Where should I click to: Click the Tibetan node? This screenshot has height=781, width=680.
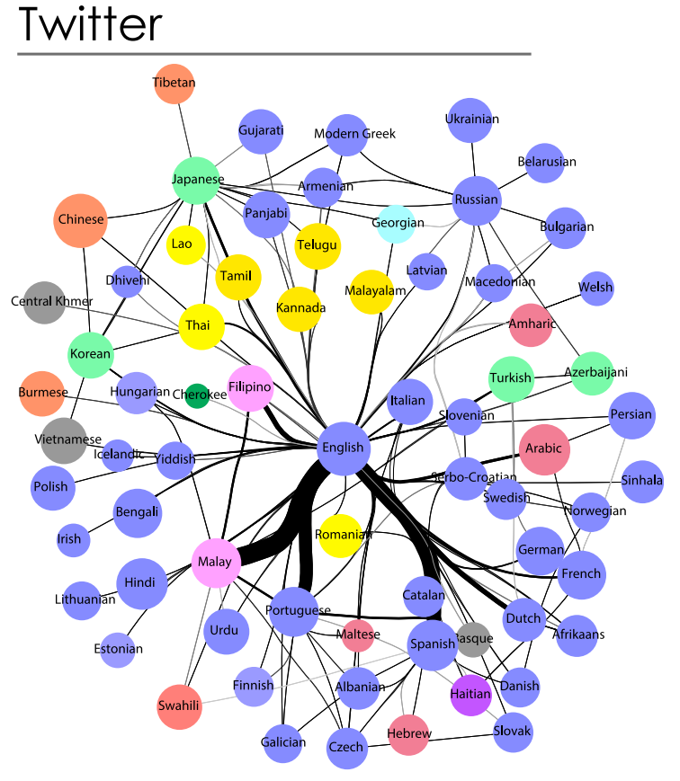(x=174, y=84)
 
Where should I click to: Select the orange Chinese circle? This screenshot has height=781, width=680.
(x=81, y=219)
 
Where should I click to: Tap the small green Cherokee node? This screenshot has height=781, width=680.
(x=197, y=395)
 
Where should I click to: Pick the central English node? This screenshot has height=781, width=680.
(x=343, y=447)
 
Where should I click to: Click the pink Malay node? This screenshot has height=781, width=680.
(x=216, y=563)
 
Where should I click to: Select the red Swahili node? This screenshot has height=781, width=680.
(x=179, y=706)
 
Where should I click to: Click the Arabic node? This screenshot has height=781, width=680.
(x=545, y=448)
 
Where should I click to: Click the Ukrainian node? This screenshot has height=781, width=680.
(x=472, y=120)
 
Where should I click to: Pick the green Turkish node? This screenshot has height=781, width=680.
(x=511, y=378)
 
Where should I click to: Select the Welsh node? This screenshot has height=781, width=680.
(x=595, y=288)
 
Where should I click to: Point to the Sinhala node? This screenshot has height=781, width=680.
(x=641, y=480)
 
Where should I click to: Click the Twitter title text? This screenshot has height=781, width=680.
(x=90, y=25)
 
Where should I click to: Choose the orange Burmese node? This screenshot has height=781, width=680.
(x=41, y=393)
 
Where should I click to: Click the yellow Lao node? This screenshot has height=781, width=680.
(x=181, y=244)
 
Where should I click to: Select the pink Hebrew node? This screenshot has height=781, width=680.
(x=409, y=733)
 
